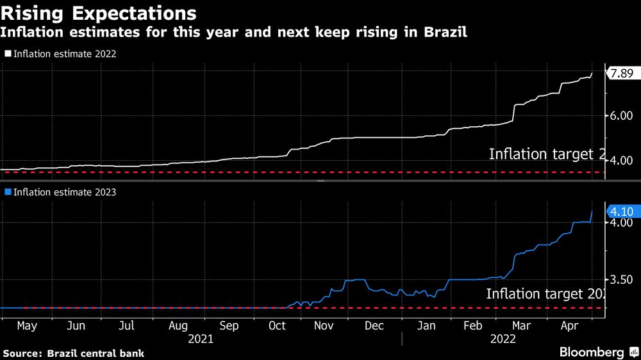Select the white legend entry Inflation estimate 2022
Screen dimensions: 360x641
60,54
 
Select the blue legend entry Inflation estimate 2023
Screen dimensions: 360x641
60,192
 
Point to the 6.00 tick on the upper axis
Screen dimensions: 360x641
621,115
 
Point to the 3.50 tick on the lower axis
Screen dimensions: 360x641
621,279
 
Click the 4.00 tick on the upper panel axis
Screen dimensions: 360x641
621,160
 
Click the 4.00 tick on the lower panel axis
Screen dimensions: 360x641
621,222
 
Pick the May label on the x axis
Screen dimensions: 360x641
26,326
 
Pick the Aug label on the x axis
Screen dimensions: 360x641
179,326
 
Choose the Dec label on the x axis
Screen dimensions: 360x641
374,326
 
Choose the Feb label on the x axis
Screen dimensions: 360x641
472,326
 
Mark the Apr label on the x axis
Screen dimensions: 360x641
570,326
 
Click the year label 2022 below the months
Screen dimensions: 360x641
502,340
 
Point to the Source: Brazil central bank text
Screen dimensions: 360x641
74,353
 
